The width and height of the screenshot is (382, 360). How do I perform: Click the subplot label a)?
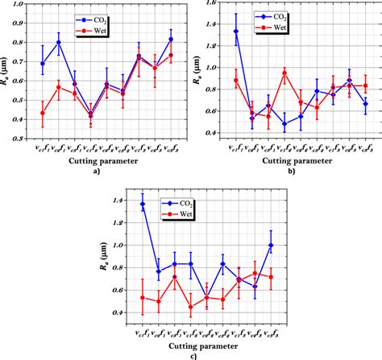pyautogui.click(x=96, y=170)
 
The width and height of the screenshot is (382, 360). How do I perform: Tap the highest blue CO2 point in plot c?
pyautogui.click(x=143, y=204)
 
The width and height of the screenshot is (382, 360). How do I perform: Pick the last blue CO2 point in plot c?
pyautogui.click(x=271, y=245)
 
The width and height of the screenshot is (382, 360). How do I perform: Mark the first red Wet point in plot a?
pyautogui.click(x=43, y=113)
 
